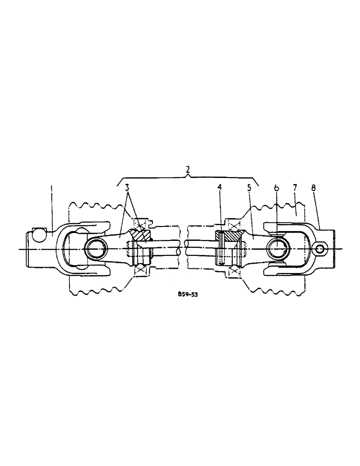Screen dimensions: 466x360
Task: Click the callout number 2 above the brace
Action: click(187, 170)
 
